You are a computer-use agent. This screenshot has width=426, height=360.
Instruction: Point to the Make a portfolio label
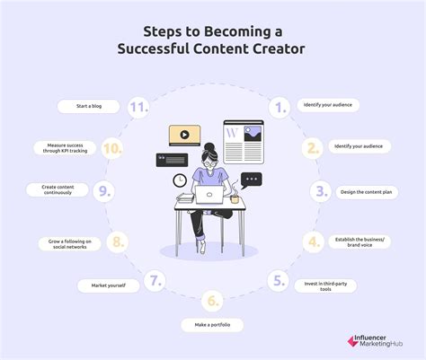pos(214,325)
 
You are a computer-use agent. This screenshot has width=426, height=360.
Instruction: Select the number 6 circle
pos(213,300)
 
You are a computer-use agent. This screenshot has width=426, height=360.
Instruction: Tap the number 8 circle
pos(116,242)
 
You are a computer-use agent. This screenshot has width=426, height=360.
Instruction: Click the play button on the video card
pos(184,136)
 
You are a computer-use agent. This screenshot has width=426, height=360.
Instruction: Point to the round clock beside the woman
pos(180,181)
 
